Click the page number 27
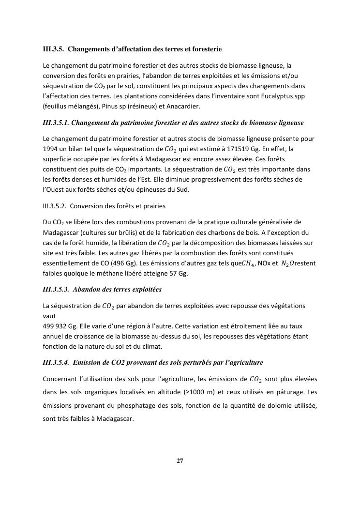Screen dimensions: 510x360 pyautogui.click(x=180, y=461)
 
